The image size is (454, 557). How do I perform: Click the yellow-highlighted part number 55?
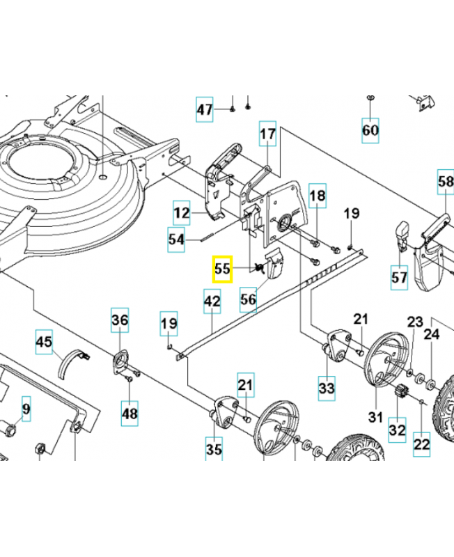222,269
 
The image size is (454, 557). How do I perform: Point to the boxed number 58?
446,182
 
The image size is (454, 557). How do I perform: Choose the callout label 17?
268,134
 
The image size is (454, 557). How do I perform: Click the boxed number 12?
182,212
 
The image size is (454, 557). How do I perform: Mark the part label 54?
177,240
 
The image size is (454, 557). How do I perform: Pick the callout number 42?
212,301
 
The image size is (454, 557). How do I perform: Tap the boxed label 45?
45,343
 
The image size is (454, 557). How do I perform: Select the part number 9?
26,409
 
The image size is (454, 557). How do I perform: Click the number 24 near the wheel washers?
432,334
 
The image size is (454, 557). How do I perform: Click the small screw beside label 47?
230,109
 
